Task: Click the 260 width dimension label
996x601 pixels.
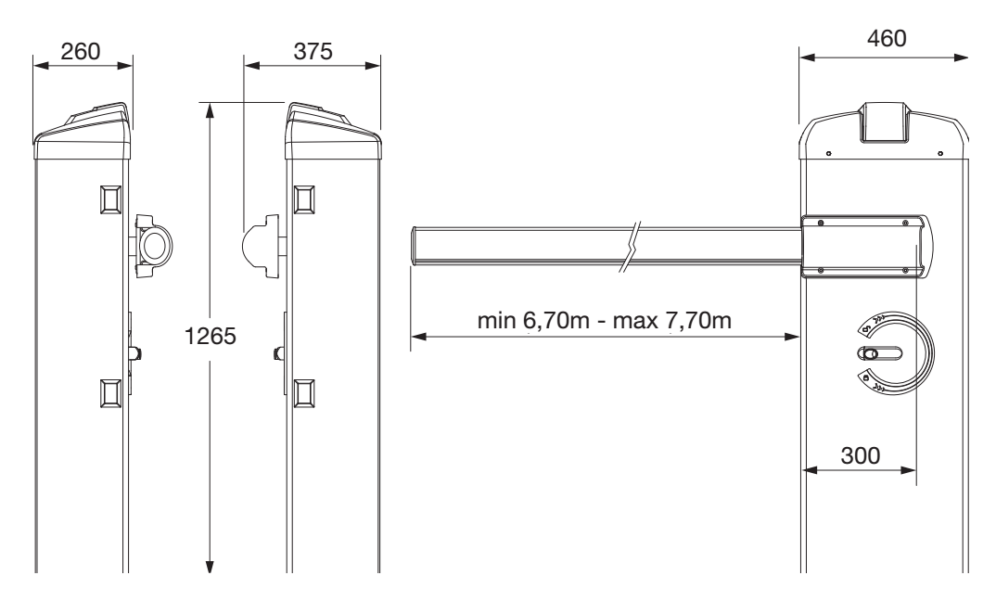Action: click(x=81, y=51)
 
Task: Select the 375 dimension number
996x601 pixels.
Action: click(x=313, y=51)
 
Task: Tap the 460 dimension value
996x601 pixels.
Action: click(x=887, y=39)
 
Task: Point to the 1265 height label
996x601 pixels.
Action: click(x=211, y=336)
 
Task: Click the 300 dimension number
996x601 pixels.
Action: click(x=860, y=455)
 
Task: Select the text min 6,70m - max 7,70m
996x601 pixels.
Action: click(x=604, y=320)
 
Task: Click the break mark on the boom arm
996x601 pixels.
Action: click(x=630, y=247)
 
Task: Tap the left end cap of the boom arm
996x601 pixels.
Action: click(x=414, y=245)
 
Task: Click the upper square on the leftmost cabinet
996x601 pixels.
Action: click(x=110, y=199)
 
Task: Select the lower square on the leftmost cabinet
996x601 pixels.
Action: click(x=110, y=393)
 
